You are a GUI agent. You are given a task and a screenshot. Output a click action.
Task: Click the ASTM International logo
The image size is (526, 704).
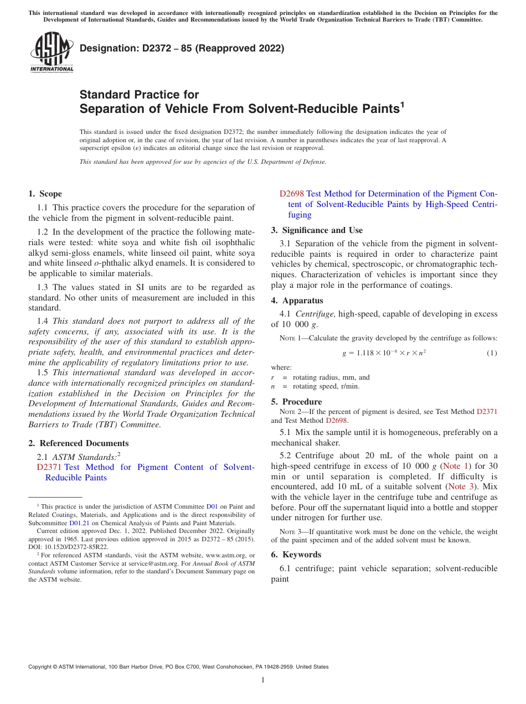tap(51, 53)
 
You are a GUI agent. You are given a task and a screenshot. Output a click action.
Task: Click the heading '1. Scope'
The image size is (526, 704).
tap(45, 194)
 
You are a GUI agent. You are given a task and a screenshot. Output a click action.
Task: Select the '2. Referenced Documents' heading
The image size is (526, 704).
tap(78, 443)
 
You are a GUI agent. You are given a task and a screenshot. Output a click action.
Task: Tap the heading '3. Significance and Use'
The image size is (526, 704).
tap(317, 230)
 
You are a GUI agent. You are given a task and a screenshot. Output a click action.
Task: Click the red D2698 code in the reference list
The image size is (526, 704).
tap(291, 194)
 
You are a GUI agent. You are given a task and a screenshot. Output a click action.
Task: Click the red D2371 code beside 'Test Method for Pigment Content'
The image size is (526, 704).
tap(49, 467)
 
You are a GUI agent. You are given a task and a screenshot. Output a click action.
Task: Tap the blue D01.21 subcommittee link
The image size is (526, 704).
tap(78, 523)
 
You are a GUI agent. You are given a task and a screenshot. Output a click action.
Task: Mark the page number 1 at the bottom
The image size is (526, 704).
tap(263, 680)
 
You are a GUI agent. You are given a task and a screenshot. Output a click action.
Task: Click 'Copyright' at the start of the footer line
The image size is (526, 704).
tap(42, 667)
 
